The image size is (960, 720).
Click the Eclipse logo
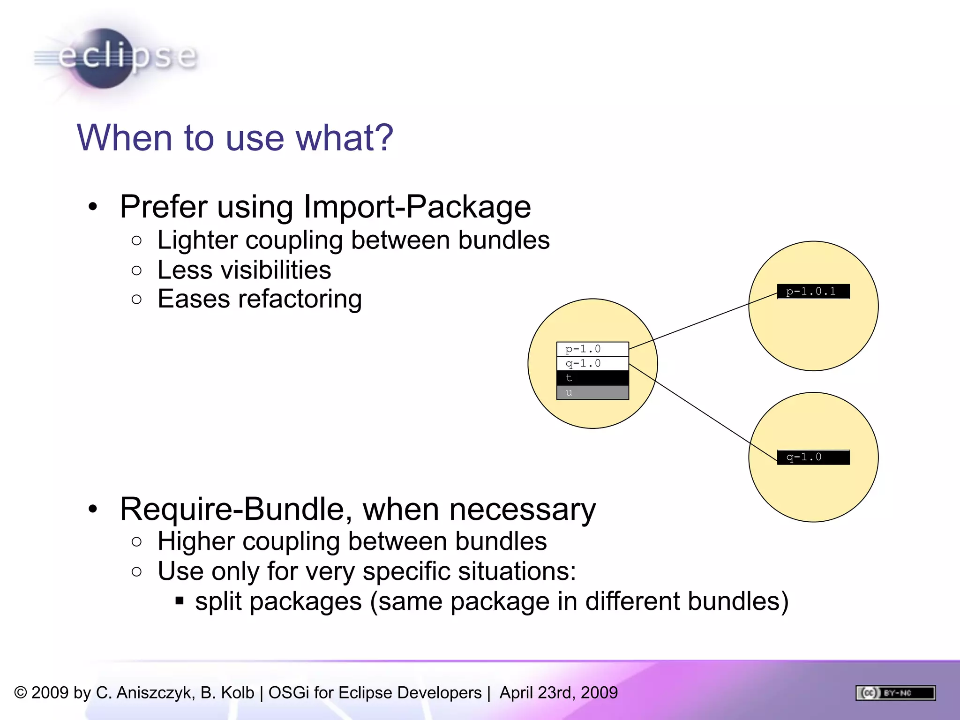[x=115, y=58]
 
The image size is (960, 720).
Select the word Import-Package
[x=417, y=207]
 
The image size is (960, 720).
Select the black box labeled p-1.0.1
[x=813, y=292]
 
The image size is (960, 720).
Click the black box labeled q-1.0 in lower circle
[x=813, y=457]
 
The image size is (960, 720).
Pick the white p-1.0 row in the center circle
[x=592, y=349]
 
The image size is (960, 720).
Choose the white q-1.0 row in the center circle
[x=592, y=364]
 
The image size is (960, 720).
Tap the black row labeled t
[x=592, y=378]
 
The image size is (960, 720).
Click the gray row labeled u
[x=592, y=393]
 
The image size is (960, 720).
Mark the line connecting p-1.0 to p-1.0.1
[x=703, y=321]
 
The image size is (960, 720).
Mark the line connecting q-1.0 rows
[x=703, y=411]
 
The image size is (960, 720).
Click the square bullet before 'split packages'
[x=180, y=601]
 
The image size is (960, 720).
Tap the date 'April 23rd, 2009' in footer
[x=558, y=693]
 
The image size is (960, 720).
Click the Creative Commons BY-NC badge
[x=895, y=693]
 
